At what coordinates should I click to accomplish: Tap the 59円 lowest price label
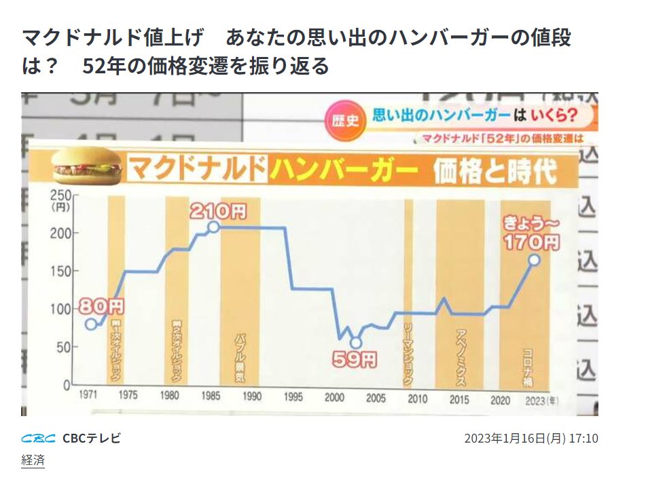[x=354, y=360]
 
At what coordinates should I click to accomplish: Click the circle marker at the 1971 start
[x=91, y=324]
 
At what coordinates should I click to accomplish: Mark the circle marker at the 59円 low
[x=355, y=343]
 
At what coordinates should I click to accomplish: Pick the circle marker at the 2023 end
[x=534, y=260]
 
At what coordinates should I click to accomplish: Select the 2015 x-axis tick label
[x=459, y=398]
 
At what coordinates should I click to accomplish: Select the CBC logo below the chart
[x=39, y=438]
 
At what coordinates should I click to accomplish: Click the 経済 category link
[x=33, y=460]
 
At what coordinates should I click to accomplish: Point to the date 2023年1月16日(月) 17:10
[x=531, y=438]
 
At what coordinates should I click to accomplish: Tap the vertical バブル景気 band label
[x=240, y=358]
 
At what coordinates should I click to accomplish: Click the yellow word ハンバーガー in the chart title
[x=340, y=170]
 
